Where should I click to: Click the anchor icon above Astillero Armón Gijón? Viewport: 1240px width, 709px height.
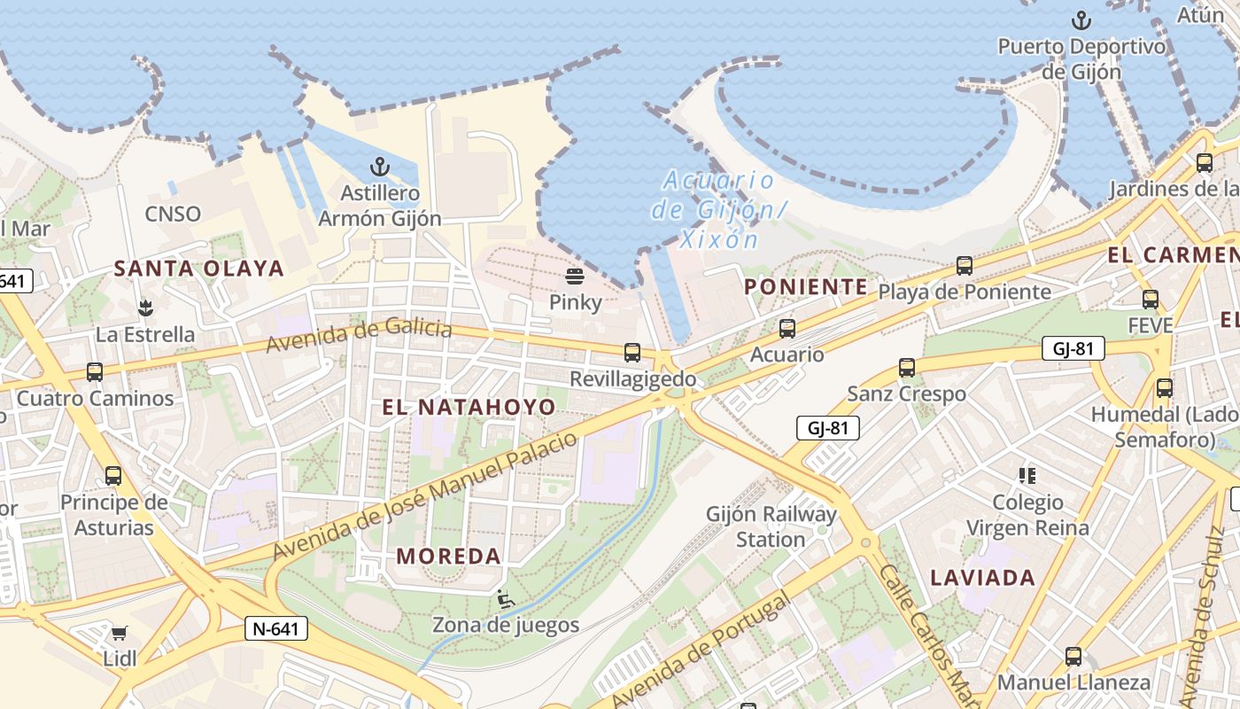coord(379,167)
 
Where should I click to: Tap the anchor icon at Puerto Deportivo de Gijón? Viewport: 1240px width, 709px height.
coord(1081,19)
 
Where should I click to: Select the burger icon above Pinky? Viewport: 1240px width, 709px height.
coord(575,277)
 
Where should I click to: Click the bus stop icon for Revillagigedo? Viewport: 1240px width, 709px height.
coord(632,353)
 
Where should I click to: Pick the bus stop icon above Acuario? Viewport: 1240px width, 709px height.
coord(787,329)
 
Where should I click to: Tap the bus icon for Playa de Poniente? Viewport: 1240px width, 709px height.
coord(964,265)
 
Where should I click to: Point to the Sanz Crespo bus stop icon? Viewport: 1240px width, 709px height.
coord(906,367)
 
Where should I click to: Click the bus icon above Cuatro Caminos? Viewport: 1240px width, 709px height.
coord(95,372)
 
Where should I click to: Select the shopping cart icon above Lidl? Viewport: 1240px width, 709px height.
coord(119,633)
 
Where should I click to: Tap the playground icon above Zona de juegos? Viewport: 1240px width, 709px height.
coord(505,600)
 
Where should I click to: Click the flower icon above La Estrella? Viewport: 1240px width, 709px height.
coord(144,308)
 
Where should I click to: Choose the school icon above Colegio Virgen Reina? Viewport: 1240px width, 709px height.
coord(1027,476)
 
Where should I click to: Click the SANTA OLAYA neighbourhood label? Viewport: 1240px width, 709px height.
coord(199,269)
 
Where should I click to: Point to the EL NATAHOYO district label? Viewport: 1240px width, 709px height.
coord(469,407)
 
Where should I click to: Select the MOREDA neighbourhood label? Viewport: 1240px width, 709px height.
coord(448,557)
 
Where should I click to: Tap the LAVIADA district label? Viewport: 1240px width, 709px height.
coord(982,578)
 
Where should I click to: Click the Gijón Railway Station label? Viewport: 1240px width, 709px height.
coord(771,526)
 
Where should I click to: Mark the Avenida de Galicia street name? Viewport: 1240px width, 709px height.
coord(359,334)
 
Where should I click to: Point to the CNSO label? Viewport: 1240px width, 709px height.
coord(173,214)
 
